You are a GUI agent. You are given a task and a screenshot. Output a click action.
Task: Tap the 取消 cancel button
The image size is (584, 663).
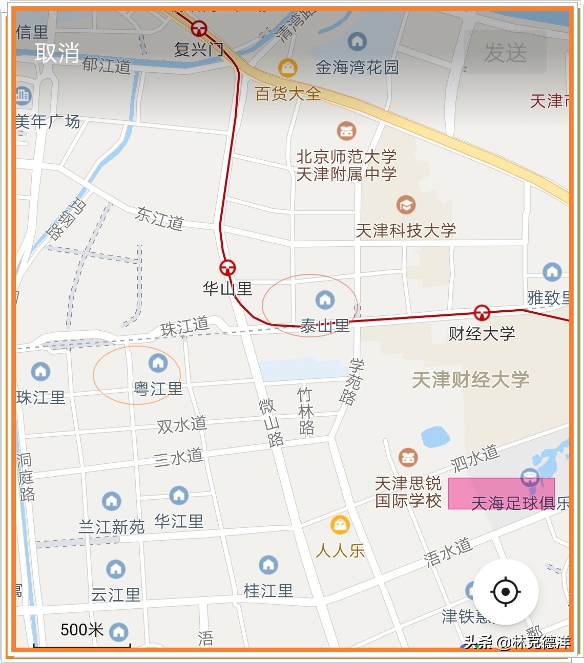(57, 52)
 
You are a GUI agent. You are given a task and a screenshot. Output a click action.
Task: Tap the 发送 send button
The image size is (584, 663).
(505, 52)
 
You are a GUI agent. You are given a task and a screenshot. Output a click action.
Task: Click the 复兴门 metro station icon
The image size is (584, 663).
(199, 28)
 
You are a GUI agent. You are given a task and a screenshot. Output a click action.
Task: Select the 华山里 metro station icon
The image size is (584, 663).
(227, 267)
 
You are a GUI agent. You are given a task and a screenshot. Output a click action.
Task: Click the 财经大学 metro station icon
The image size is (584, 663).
(482, 312)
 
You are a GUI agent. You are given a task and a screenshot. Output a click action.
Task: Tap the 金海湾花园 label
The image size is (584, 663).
(357, 67)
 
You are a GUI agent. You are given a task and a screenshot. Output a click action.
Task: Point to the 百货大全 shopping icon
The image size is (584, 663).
(288, 67)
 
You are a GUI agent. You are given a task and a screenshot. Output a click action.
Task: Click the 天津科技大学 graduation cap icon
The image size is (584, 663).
(406, 205)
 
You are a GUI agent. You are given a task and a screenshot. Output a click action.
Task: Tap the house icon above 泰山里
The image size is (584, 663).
(325, 300)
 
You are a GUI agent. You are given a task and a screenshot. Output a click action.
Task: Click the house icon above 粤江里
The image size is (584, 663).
(158, 363)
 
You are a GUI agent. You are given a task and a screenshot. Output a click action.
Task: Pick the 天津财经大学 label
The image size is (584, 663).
(470, 380)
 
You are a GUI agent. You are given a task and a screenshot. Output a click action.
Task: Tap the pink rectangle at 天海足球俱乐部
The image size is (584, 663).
(501, 494)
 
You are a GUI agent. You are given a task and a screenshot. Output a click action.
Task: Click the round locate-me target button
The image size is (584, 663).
(505, 592)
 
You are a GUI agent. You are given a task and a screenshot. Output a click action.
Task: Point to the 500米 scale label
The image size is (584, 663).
(82, 630)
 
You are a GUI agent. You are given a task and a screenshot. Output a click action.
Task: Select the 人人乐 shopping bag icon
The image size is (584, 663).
(340, 524)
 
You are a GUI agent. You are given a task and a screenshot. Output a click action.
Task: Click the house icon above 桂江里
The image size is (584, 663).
(268, 565)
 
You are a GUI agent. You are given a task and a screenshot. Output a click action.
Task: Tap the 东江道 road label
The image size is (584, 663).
(159, 219)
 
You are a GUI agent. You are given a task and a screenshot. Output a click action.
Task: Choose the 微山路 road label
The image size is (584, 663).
(271, 422)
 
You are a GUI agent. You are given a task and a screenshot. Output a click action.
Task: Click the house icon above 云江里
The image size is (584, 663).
(116, 569)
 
